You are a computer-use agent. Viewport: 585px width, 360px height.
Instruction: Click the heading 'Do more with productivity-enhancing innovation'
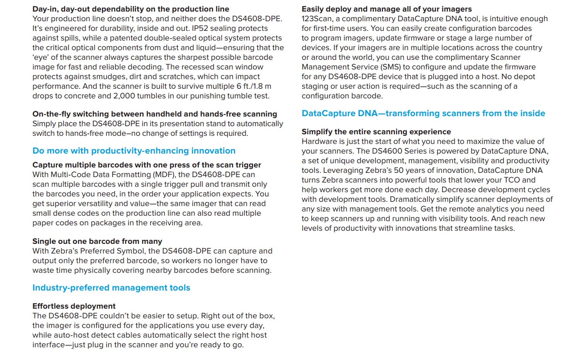click(134, 151)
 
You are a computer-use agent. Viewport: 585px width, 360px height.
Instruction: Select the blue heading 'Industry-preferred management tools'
click(111, 288)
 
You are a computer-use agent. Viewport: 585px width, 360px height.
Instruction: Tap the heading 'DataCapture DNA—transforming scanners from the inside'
click(423, 113)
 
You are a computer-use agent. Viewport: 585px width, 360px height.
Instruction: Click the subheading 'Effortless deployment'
click(74, 306)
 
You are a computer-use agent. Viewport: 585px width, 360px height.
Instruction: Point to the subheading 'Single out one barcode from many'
click(97, 241)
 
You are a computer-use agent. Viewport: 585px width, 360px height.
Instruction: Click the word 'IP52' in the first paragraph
click(200, 28)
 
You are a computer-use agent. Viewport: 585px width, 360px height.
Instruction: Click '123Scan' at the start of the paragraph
click(316, 19)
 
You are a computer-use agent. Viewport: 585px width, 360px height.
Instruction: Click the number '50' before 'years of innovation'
click(399, 170)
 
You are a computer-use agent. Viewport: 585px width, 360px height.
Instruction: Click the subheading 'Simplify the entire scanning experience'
click(376, 132)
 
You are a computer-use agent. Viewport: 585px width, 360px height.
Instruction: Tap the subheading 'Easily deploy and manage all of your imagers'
click(387, 9)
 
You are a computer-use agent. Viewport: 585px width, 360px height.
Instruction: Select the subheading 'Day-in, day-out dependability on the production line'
click(131, 9)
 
